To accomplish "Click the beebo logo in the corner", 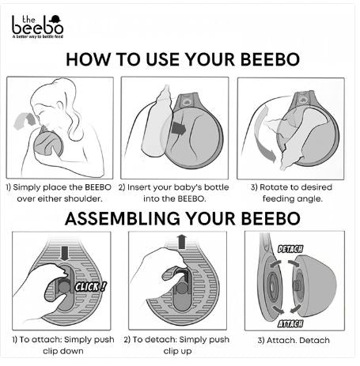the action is (37, 27).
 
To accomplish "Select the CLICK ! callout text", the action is (90, 286).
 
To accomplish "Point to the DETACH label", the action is (290, 249).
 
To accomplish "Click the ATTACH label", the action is (290, 323).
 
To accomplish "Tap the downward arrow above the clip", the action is (64, 253).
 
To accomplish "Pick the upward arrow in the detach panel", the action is (181, 242).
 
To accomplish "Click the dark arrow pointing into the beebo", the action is (178, 128).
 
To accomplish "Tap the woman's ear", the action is (60, 106).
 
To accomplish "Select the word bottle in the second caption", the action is (217, 187).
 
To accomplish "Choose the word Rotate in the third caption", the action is (274, 187).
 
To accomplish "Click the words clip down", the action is (63, 351).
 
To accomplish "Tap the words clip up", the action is (177, 351).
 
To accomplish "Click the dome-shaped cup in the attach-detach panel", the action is (315, 286).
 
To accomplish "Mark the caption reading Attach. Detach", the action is (294, 340).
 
